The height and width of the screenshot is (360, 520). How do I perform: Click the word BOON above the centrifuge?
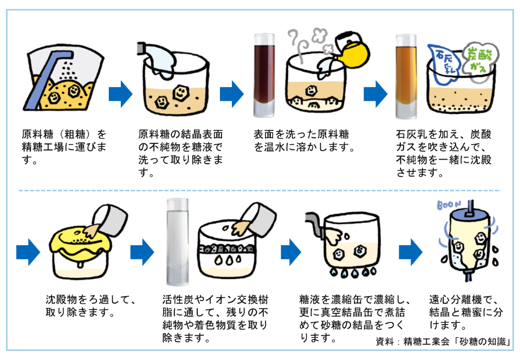point(448,206)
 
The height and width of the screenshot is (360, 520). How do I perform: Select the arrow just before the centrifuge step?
point(410,251)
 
